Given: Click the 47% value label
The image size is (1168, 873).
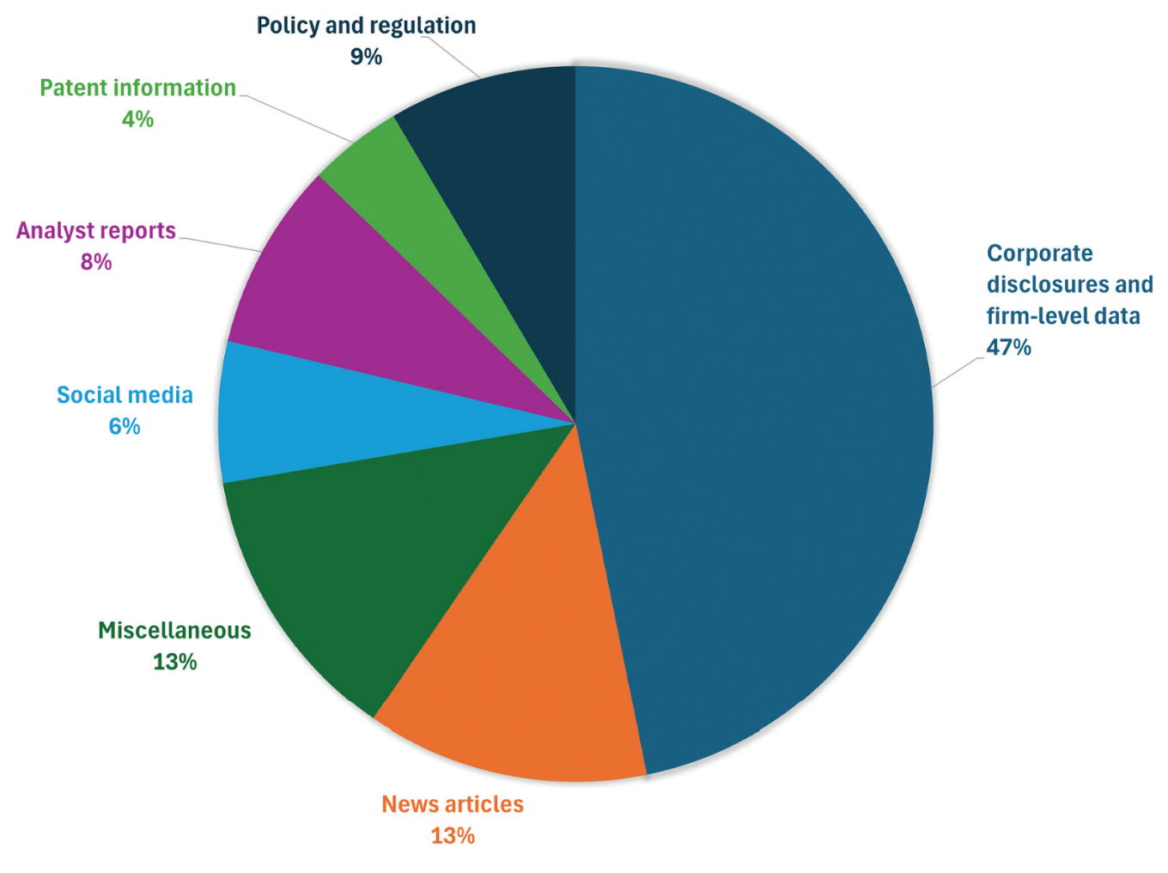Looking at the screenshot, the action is pos(1008,348).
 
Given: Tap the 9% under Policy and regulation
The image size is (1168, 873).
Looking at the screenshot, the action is pos(366,57).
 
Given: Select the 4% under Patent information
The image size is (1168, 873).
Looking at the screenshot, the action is pos(137,119).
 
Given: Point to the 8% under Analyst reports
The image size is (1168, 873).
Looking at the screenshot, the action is pos(96,262).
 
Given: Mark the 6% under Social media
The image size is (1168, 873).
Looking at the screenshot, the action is pos(124,426).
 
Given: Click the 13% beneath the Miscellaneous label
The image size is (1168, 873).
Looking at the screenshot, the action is pos(174,662).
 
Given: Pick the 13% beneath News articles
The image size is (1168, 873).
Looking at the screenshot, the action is pos(453,836).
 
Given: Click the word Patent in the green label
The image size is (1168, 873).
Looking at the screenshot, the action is pos(72,89).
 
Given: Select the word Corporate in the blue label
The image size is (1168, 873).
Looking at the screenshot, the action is pos(1040,254).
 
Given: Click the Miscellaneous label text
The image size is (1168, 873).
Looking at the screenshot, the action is pos(174,631).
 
